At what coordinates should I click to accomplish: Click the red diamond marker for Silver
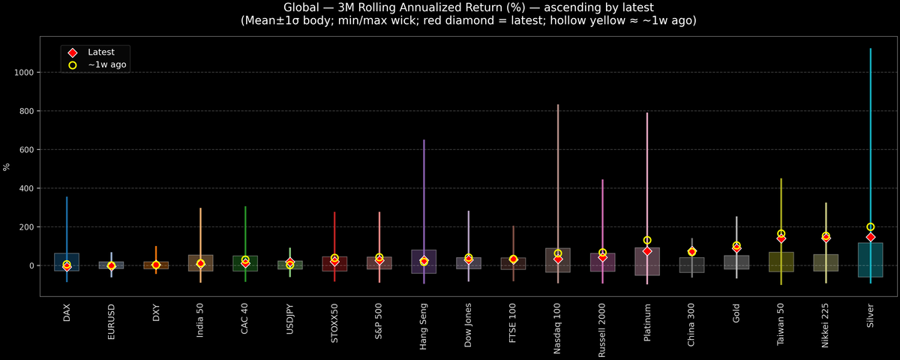(870, 237)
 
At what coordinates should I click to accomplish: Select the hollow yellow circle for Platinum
(647, 241)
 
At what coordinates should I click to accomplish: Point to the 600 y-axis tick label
(29, 150)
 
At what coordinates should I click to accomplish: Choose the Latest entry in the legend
(100, 52)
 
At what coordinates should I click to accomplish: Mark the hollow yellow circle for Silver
(870, 227)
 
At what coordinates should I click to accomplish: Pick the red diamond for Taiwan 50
(781, 238)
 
